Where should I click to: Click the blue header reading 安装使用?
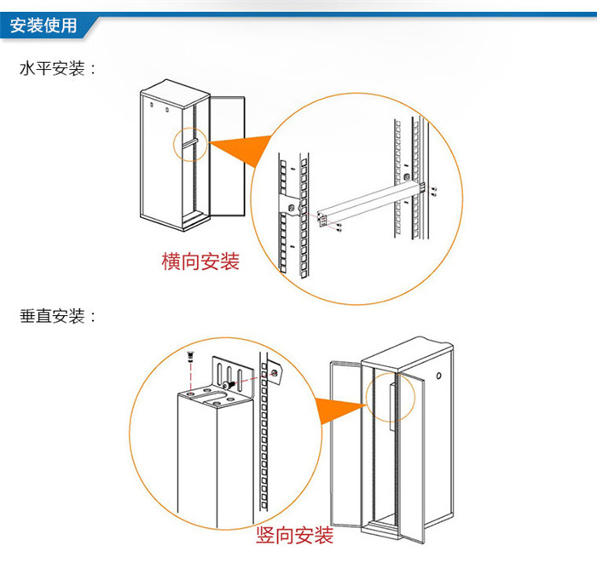coord(44,26)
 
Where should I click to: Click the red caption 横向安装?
coord(200,261)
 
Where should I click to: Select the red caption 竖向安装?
coord(294,536)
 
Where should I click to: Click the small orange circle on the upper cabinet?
coord(188,145)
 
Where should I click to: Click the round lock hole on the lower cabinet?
coord(439,376)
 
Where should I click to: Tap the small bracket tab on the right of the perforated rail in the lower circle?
coord(275,372)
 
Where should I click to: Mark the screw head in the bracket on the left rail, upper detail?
coord(293,208)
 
